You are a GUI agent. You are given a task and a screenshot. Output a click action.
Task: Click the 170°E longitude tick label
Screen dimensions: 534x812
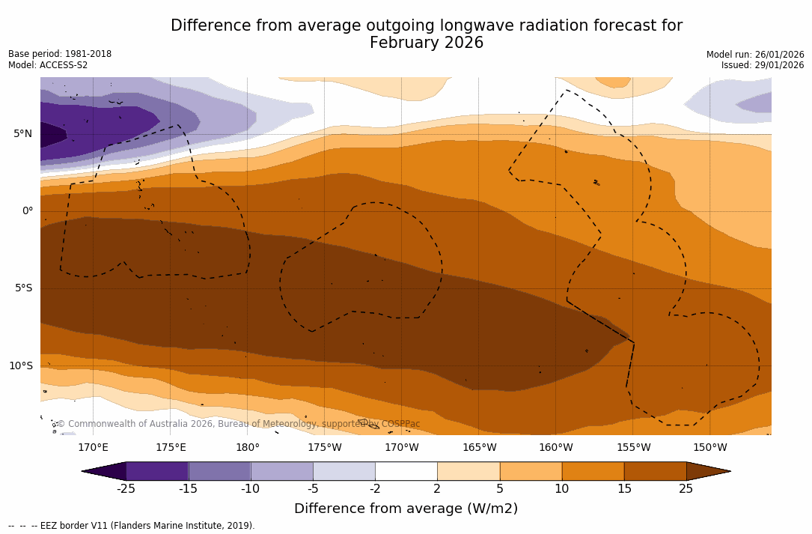coord(93,448)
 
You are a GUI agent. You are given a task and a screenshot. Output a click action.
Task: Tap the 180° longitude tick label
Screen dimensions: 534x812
coord(248,448)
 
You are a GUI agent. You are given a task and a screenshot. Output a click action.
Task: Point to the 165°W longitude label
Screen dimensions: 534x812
coord(479,448)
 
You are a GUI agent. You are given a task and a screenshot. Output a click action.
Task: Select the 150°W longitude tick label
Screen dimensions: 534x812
coord(710,448)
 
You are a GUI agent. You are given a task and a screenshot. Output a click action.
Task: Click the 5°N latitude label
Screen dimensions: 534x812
coord(22,134)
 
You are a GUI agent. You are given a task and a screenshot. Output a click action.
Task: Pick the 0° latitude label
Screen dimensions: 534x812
coord(28,211)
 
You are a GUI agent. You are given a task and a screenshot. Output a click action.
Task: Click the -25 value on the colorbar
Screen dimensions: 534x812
coord(126,489)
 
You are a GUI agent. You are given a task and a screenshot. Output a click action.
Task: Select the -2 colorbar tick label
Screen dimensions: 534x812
coord(375,489)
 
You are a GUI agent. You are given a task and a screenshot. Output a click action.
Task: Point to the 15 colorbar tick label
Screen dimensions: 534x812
coord(623,489)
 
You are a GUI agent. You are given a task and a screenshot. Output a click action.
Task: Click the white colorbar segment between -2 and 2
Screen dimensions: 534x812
coord(406,471)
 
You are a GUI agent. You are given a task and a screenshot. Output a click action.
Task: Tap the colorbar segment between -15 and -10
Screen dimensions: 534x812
coord(219,471)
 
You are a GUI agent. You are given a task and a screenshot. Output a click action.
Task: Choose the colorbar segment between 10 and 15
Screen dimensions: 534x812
coord(593,471)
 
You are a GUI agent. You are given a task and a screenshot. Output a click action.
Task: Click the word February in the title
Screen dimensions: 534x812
coord(407,43)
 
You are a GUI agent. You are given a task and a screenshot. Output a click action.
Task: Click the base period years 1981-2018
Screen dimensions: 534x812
coord(88,54)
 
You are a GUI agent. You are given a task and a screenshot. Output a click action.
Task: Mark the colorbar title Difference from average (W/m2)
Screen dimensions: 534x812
coord(406,509)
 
